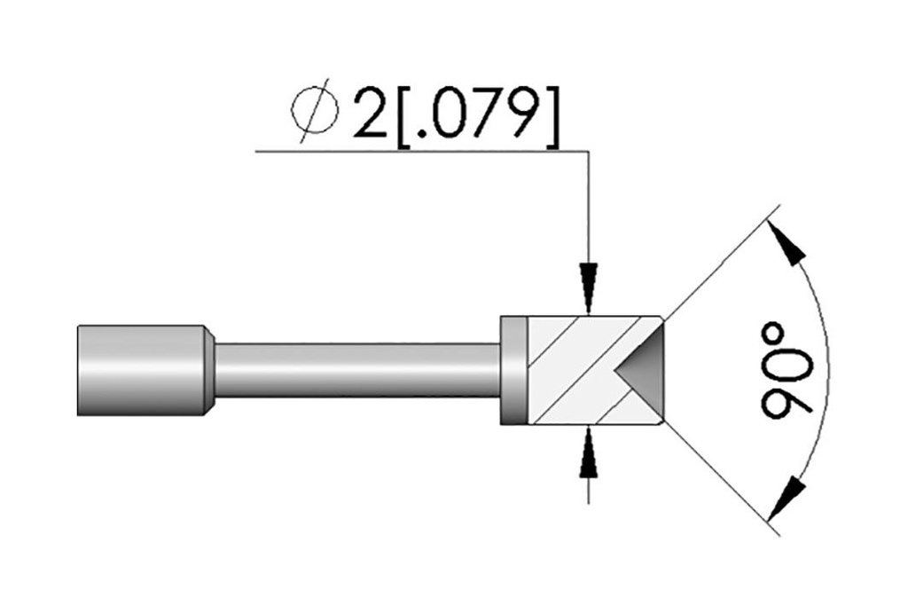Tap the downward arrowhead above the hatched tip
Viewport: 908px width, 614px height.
(x=589, y=286)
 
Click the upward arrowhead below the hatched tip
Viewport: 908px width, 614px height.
(x=589, y=455)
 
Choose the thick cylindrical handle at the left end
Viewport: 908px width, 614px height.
(x=137, y=370)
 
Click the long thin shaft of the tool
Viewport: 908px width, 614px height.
(x=355, y=370)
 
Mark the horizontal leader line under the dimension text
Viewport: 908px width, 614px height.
(x=417, y=152)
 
